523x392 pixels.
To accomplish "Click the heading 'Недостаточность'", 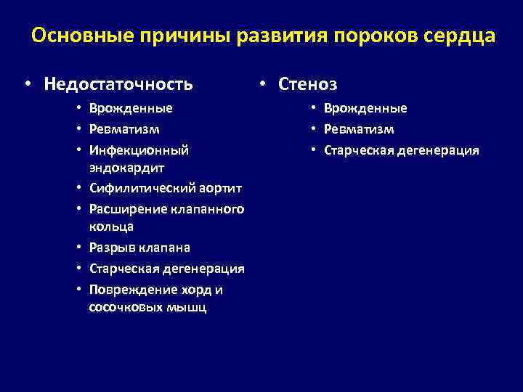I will pyautogui.click(x=118, y=84).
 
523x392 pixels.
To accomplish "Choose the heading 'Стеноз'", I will pyautogui.click(x=308, y=84).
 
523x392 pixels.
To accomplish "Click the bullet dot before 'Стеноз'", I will pyautogui.click(x=266, y=85).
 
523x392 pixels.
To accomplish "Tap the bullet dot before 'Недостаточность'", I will pyautogui.click(x=27, y=85).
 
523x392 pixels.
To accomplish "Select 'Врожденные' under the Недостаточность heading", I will pyautogui.click(x=131, y=108).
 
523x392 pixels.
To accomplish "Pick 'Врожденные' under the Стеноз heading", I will pyautogui.click(x=365, y=108).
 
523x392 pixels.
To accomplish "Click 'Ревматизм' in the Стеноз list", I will pyautogui.click(x=359, y=129).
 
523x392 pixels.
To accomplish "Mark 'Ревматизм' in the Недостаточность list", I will pyautogui.click(x=124, y=129).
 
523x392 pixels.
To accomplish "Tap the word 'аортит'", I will pyautogui.click(x=220, y=189).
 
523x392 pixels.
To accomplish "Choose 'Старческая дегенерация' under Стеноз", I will pyautogui.click(x=402, y=150).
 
